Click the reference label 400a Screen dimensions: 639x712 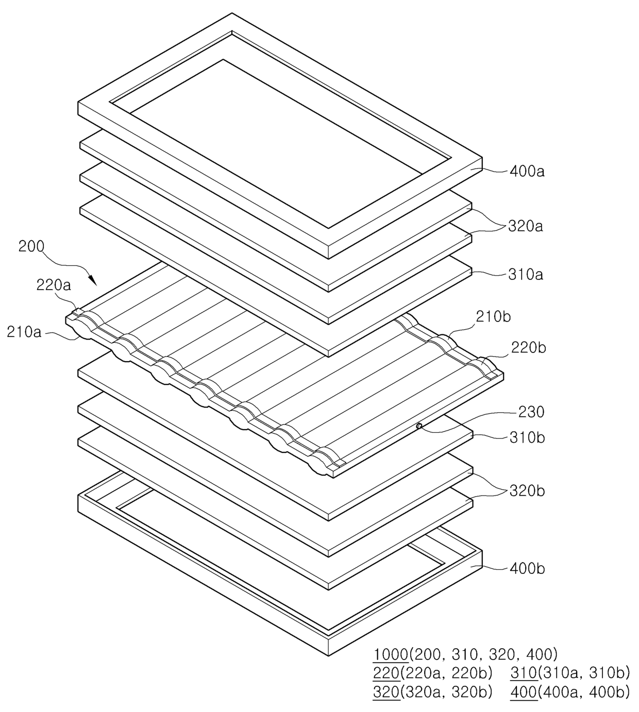(x=526, y=171)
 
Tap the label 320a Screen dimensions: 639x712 (x=525, y=226)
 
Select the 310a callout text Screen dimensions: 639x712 (x=525, y=275)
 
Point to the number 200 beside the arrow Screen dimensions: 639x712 (x=31, y=246)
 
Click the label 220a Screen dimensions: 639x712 (x=54, y=284)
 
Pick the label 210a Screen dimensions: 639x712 (x=24, y=332)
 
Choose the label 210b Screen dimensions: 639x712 (x=493, y=316)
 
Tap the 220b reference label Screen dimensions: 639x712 (x=529, y=348)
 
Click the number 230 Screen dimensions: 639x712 (x=531, y=412)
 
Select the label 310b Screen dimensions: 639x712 (x=527, y=437)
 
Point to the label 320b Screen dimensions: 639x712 (x=527, y=490)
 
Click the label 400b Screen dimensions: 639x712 (x=527, y=569)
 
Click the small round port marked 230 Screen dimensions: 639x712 (x=419, y=426)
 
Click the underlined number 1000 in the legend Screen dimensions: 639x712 (x=391, y=655)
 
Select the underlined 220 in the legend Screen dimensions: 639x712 (x=386, y=673)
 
